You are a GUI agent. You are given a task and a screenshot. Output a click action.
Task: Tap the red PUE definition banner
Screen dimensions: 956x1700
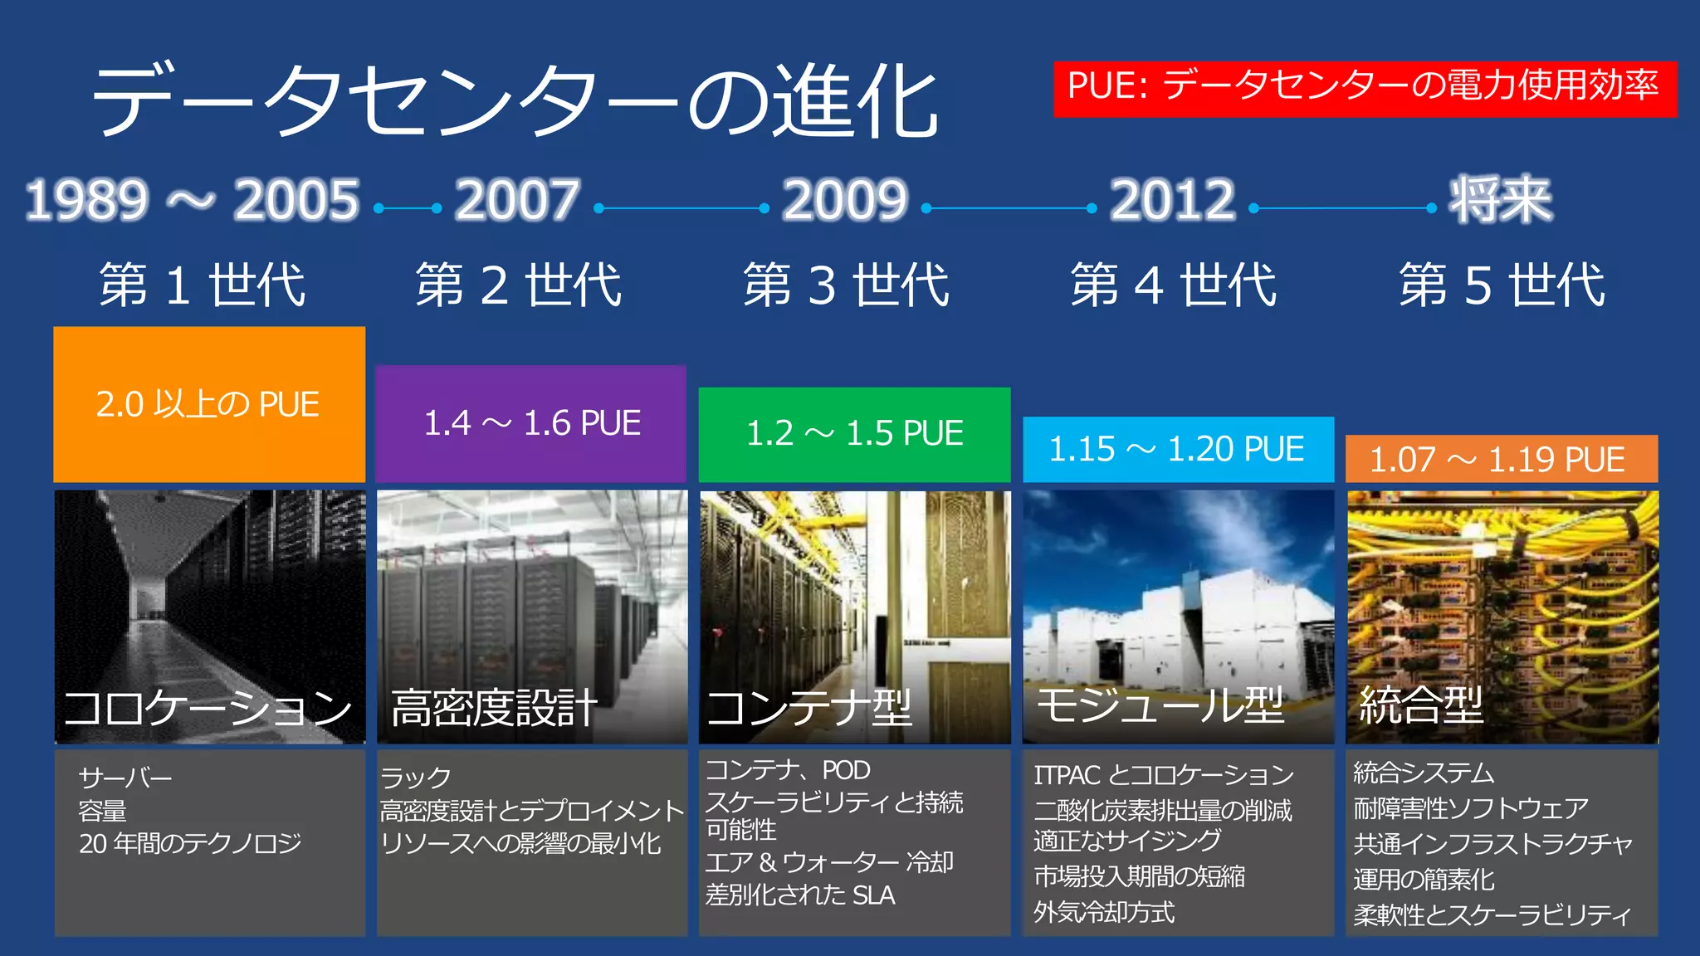[1365, 88]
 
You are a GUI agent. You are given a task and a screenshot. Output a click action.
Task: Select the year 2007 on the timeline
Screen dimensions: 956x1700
[517, 201]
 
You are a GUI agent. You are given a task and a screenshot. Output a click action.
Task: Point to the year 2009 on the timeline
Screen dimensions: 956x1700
[845, 201]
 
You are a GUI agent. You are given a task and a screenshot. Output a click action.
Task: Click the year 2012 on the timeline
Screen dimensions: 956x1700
[1173, 201]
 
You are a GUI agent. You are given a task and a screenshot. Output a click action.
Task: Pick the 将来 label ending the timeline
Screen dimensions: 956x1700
[1500, 201]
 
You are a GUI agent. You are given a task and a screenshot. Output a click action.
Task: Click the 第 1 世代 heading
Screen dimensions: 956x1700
[203, 285]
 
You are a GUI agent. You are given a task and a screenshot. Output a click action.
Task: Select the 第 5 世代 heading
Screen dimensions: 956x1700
[1502, 285]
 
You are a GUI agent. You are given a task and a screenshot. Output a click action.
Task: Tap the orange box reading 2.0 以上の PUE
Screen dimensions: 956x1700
[208, 404]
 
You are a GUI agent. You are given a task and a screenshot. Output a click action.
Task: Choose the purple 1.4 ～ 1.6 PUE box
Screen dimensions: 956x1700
[531, 423]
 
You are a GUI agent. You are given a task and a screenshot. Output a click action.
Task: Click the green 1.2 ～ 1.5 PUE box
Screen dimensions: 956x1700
[854, 434]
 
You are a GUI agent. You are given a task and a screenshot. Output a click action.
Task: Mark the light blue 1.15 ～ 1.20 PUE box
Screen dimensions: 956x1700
[1177, 449]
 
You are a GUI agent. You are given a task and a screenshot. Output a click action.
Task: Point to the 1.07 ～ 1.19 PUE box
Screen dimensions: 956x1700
[1501, 459]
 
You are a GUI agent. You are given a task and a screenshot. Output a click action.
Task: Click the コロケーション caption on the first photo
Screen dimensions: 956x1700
[208, 708]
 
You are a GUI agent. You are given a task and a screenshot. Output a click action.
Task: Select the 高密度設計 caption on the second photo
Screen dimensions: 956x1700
[495, 708]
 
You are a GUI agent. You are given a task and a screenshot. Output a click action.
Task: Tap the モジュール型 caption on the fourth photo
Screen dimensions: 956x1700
[1160, 706]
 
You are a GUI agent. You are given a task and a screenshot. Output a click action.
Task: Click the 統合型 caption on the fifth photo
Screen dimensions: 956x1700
[1421, 705]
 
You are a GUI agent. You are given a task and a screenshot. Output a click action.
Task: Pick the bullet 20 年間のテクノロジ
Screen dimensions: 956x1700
[190, 844]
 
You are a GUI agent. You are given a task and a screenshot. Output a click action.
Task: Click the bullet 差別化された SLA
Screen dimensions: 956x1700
[800, 895]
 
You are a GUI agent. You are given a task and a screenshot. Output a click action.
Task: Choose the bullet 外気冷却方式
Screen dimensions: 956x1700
[1104, 912]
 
